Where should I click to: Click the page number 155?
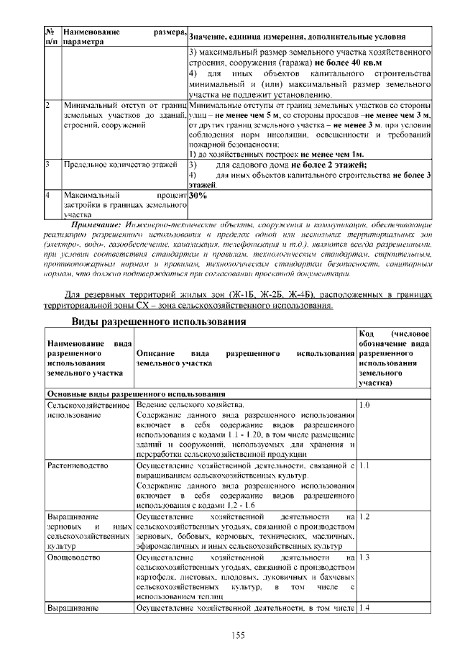239,634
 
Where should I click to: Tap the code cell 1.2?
364,516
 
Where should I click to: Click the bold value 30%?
198,194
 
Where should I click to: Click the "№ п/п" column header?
51,37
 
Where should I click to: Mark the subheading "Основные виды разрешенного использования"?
133,394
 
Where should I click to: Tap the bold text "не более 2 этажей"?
328,165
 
